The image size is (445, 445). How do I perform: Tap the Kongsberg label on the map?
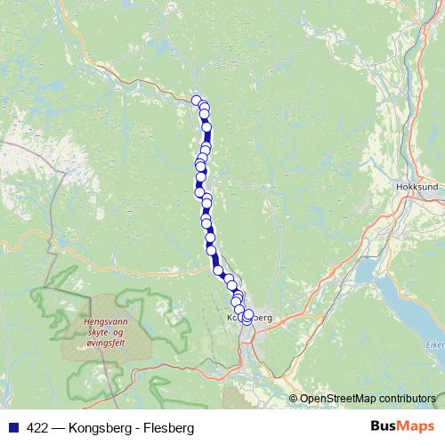(x=249, y=318)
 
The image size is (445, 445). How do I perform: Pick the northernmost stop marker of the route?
(x=197, y=100)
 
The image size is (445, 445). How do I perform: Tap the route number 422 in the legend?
(x=37, y=427)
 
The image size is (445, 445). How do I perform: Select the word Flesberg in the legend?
(x=168, y=427)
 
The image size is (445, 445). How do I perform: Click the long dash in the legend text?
(x=61, y=427)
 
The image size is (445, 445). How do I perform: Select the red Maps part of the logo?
(x=415, y=426)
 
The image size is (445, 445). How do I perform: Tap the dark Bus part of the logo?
(x=384, y=426)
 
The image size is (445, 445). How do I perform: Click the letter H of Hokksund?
(x=400, y=188)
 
